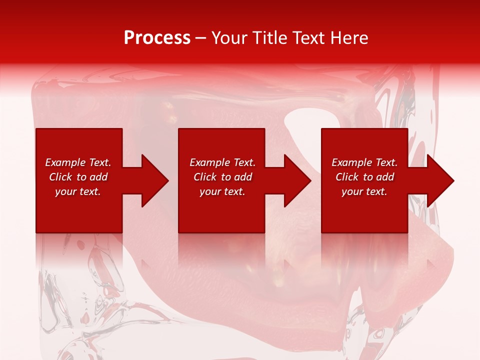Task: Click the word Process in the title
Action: tap(157, 38)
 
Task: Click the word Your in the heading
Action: tap(229, 38)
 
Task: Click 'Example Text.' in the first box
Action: tap(78, 162)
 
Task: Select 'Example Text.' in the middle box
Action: tap(222, 162)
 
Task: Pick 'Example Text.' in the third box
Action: tap(364, 162)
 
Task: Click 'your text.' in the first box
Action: tap(78, 191)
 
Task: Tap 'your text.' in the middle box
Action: tap(222, 191)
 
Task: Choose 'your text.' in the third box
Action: tap(364, 191)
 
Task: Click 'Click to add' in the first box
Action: tap(78, 177)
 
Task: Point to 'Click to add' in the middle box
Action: tap(222, 177)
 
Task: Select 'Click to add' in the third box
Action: tap(364, 177)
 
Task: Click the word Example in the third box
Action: tap(351, 162)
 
